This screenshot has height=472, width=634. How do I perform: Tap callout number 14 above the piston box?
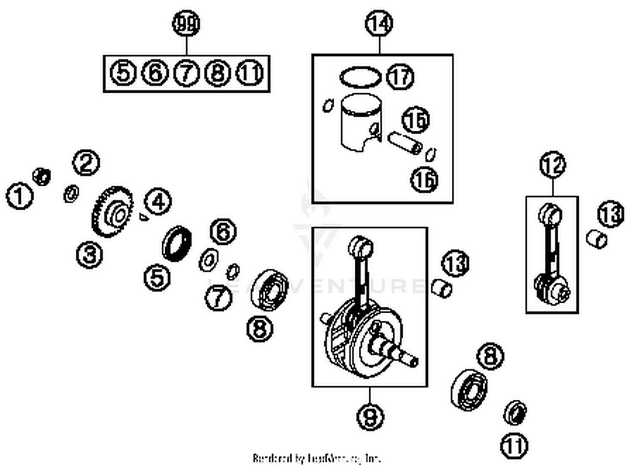point(379,23)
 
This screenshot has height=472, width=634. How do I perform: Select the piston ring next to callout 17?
point(360,77)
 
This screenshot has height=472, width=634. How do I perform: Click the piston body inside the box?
point(361,123)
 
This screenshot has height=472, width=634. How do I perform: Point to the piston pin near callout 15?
point(404,143)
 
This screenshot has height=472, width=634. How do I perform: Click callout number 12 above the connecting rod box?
point(552,165)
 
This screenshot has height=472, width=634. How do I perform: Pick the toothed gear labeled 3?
point(112,211)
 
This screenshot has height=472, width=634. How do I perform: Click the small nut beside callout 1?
point(42,176)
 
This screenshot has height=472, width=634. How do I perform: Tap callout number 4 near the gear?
point(158,202)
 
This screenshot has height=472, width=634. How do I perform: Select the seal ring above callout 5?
point(177,244)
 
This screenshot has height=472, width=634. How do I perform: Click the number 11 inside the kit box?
point(250,73)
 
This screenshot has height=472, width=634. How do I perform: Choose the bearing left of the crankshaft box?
point(270,289)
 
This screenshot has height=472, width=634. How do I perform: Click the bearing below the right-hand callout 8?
point(468,390)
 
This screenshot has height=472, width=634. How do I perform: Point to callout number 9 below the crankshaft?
point(370,417)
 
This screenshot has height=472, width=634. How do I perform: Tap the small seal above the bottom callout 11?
point(515,412)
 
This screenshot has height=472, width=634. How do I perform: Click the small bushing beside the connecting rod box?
point(596,239)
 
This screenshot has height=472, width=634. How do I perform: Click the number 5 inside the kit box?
point(123,73)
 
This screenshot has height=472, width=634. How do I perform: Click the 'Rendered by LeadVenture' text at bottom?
point(317,458)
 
